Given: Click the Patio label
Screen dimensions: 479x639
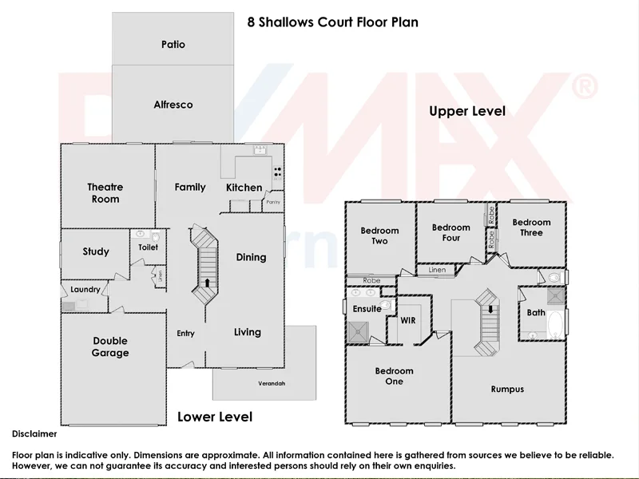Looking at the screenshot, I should click(x=173, y=45).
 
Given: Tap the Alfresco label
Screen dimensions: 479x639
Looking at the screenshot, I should click(x=173, y=105).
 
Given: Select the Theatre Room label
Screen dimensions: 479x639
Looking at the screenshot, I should click(x=105, y=193).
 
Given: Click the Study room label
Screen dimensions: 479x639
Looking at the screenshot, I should click(x=96, y=251).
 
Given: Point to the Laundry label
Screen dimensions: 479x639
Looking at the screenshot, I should click(x=85, y=290).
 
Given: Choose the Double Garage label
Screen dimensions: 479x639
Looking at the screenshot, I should click(x=110, y=347).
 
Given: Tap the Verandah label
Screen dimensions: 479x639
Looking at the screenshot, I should click(x=271, y=384).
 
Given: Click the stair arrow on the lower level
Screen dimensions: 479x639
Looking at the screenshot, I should click(x=208, y=282).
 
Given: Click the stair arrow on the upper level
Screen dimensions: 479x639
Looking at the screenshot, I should click(x=489, y=308).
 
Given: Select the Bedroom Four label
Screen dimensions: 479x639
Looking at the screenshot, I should click(x=451, y=232).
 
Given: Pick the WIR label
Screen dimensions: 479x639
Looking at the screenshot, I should click(x=409, y=319).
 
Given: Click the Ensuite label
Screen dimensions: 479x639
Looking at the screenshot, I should click(x=367, y=309).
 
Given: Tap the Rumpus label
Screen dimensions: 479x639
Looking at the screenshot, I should click(x=507, y=389).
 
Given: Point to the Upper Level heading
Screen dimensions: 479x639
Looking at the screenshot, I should click(x=467, y=112).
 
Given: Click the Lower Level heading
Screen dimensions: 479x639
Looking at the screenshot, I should click(x=214, y=417).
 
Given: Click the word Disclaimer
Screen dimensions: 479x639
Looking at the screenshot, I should click(x=34, y=434).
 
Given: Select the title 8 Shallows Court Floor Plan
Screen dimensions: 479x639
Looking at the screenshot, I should click(x=331, y=22).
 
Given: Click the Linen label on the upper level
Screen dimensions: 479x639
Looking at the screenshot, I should click(x=437, y=271).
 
